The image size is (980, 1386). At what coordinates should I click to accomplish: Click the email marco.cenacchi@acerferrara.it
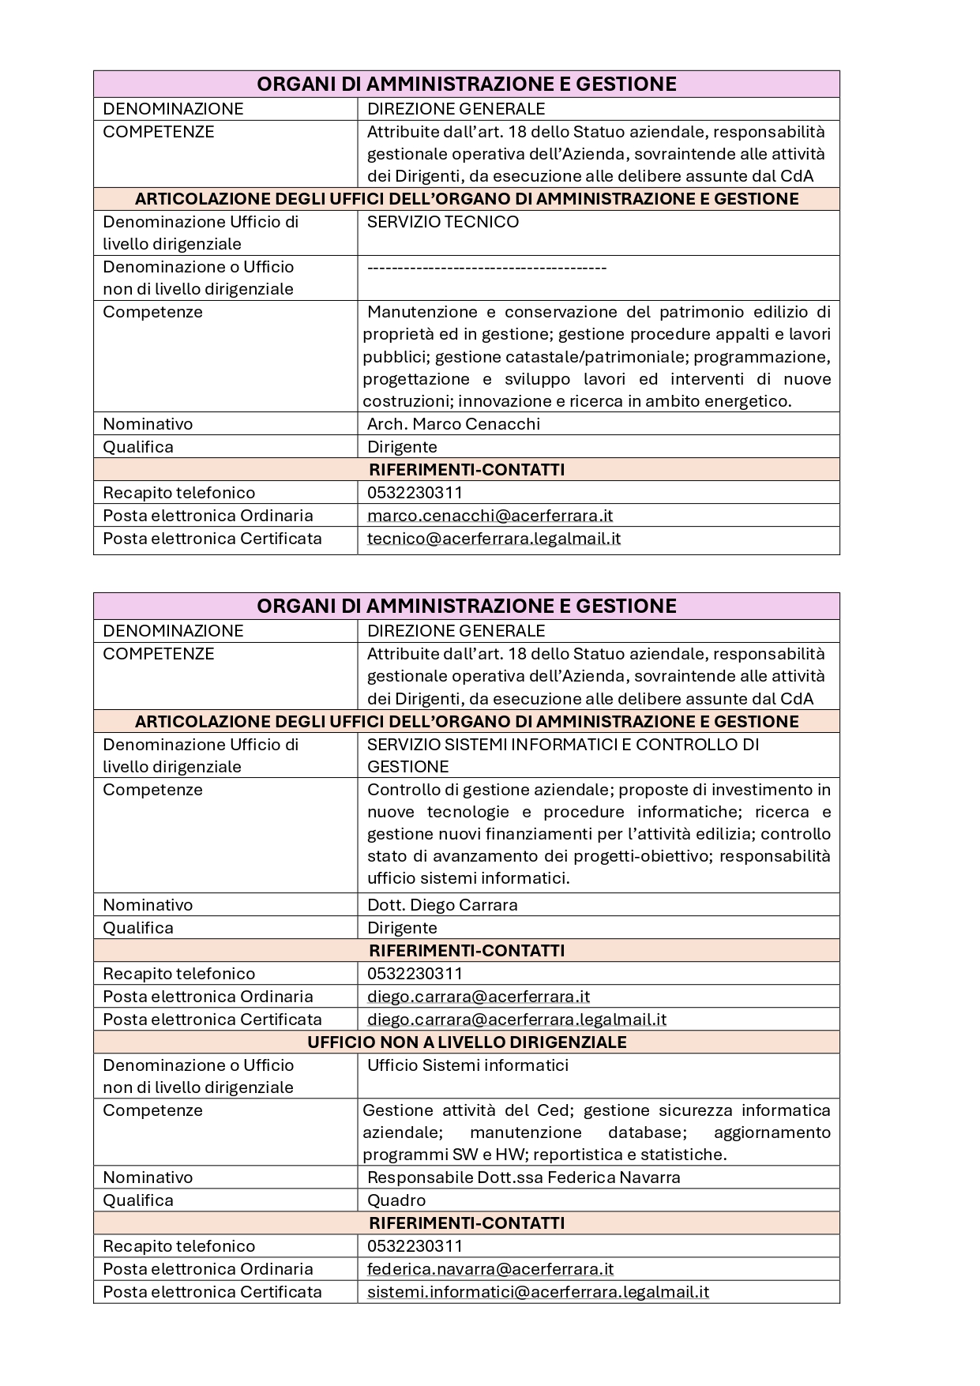tap(490, 516)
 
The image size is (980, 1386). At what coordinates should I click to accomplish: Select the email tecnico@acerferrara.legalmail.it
tap(494, 539)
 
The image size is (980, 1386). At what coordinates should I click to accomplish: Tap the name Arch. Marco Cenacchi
tap(453, 424)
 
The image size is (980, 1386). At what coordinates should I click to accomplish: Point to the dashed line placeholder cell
tap(486, 268)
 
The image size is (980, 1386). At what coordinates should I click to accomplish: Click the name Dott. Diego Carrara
tap(442, 905)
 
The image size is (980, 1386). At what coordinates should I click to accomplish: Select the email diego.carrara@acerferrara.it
tap(479, 997)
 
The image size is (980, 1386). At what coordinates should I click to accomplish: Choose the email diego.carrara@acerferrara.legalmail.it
tap(516, 1020)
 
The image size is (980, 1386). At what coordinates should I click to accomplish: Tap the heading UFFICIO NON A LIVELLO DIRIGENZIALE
tap(467, 1042)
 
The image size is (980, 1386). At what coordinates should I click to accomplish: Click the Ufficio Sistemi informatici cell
tap(467, 1065)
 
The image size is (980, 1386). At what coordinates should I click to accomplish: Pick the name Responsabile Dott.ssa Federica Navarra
tap(524, 1178)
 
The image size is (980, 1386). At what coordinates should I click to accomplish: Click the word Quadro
tap(396, 1200)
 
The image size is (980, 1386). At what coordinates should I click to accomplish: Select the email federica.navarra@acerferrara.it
tap(490, 1269)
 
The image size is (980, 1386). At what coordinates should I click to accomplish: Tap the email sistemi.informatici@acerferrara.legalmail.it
tap(538, 1292)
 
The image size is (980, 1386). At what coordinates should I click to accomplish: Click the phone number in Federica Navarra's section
tap(415, 1246)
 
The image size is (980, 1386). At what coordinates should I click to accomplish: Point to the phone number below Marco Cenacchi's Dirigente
tap(415, 493)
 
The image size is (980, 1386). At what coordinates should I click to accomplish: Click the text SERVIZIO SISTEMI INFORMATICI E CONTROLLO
tap(562, 745)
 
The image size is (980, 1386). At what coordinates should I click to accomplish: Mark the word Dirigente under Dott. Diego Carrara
tap(402, 928)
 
